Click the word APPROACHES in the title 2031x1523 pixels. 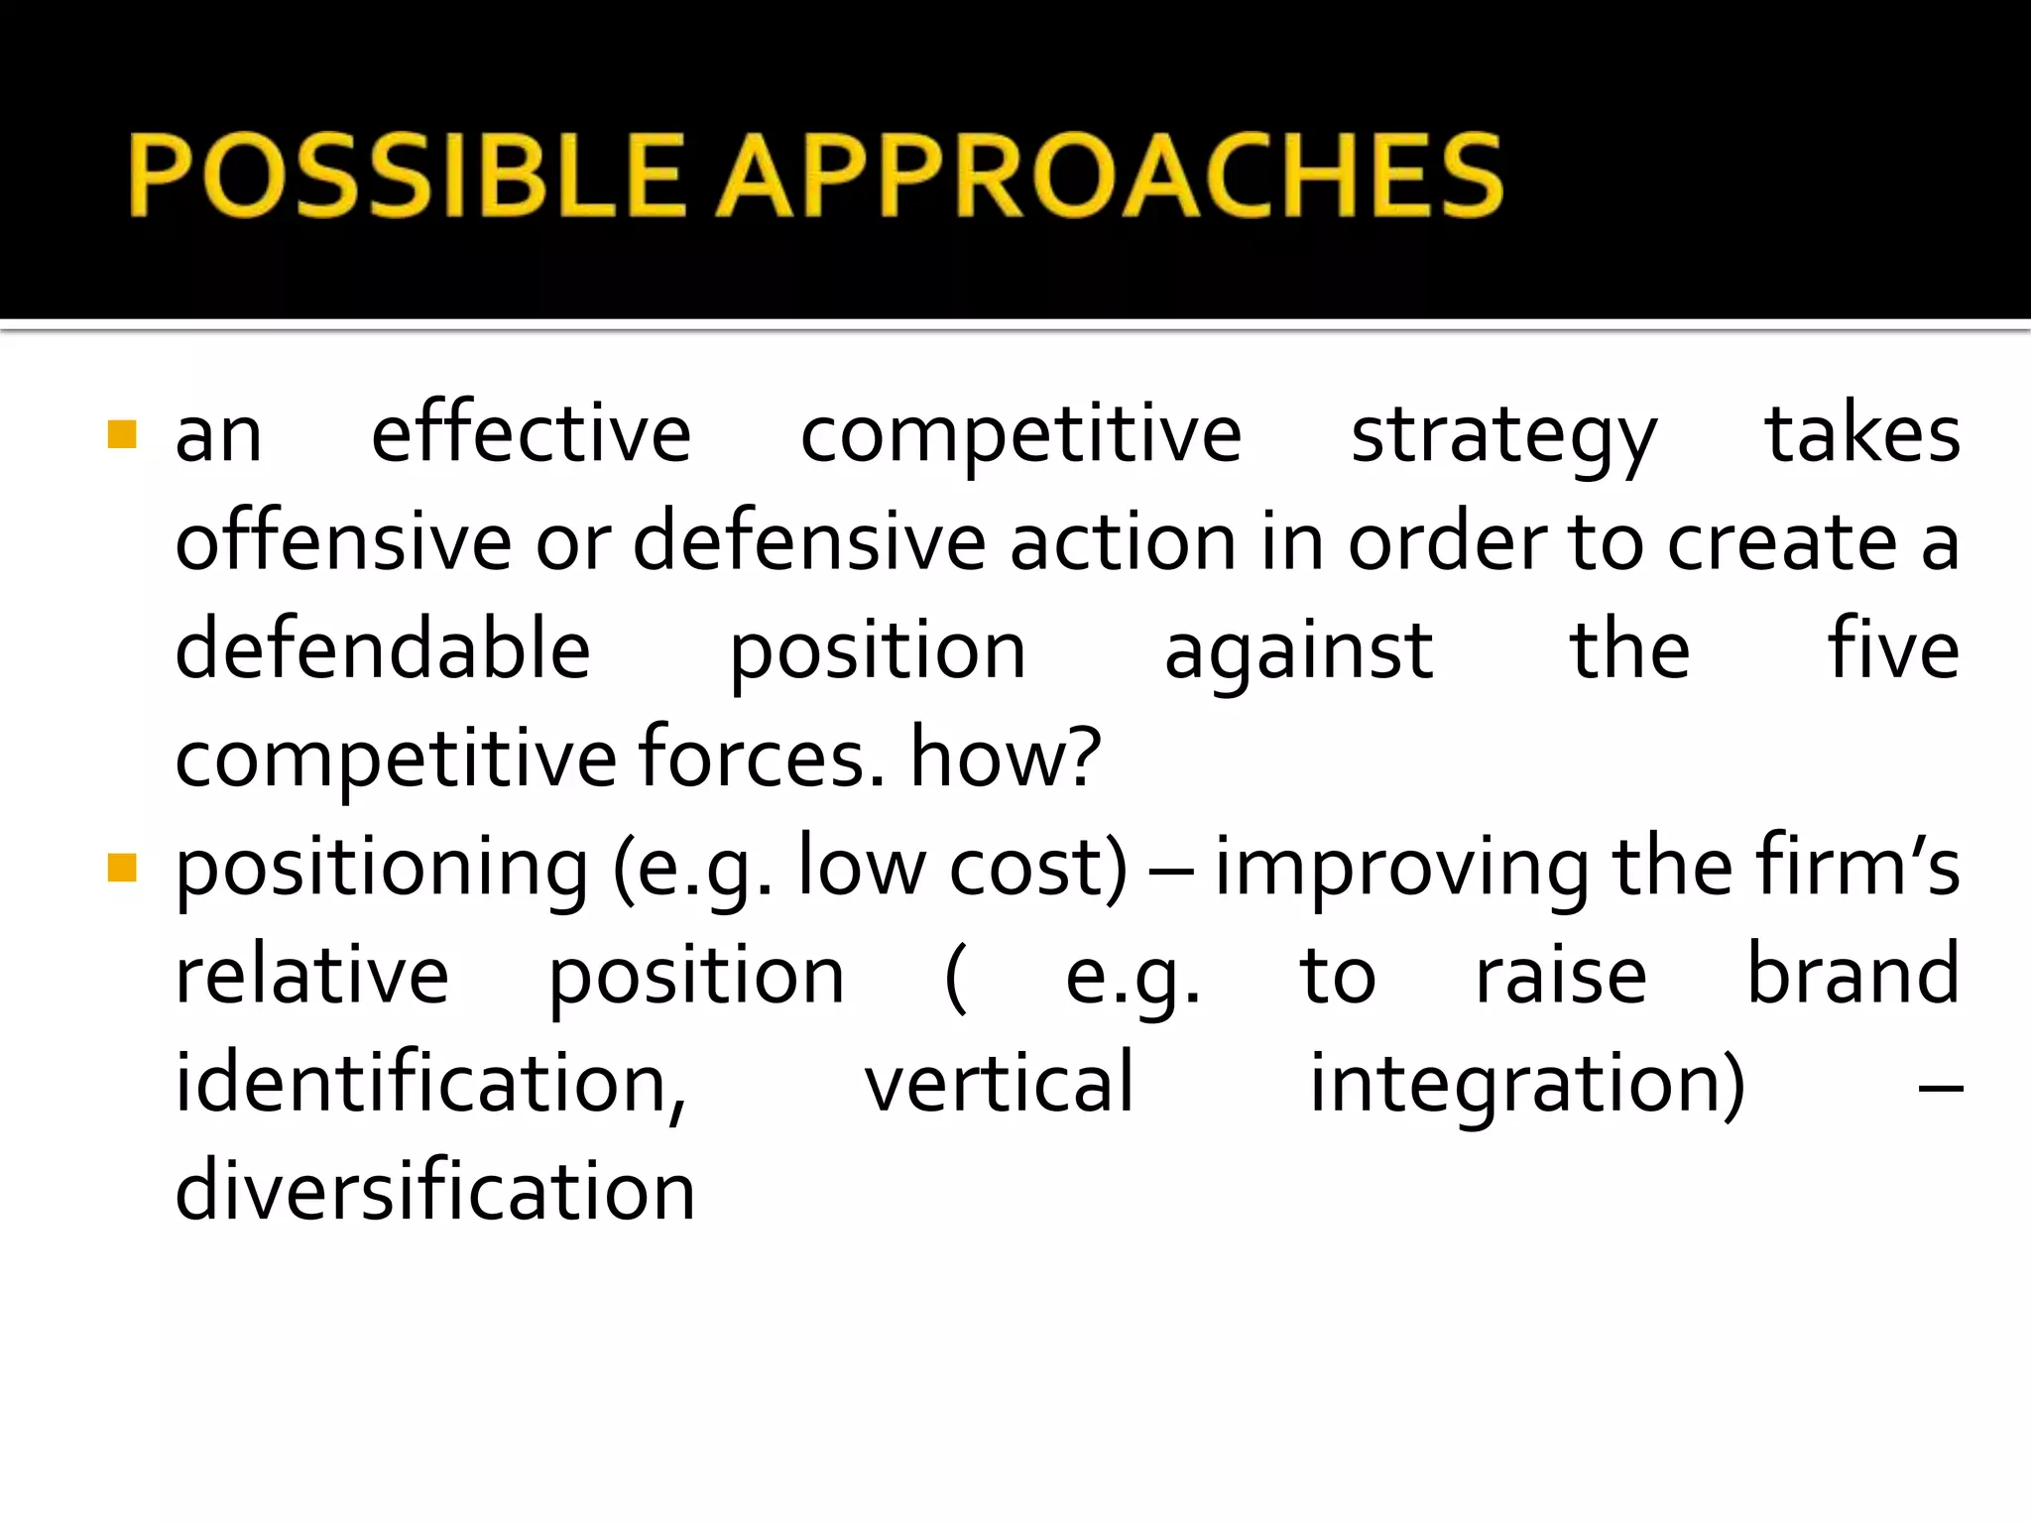tap(1109, 176)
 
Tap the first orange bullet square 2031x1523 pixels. tap(121, 434)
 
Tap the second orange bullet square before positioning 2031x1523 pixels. tap(121, 868)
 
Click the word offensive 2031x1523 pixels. tap(343, 542)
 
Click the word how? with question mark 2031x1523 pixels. tap(1006, 759)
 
